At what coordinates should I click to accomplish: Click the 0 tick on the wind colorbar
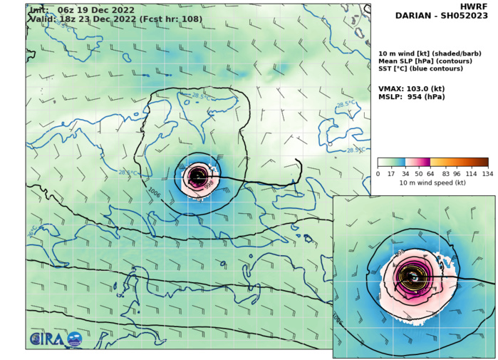(378, 173)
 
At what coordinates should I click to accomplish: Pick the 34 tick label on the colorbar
(405, 173)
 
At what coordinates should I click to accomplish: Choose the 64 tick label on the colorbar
(432, 173)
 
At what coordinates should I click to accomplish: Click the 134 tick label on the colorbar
(487, 173)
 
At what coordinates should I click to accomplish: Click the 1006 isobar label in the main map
(153, 192)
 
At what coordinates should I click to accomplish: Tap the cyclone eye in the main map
(197, 175)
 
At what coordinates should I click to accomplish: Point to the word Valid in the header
(41, 19)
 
